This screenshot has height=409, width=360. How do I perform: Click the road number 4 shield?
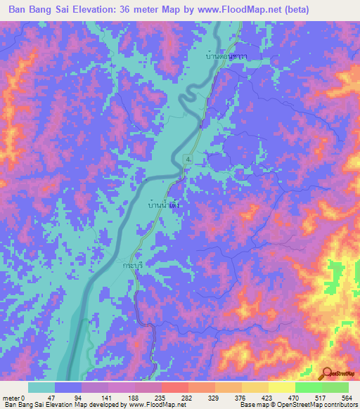[x=188, y=160]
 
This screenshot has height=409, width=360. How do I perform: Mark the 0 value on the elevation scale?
[x=23, y=398]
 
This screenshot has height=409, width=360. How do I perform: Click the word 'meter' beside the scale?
[x=11, y=398]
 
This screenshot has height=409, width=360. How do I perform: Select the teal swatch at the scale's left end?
[x=41, y=387]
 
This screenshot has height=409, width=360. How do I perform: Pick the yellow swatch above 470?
[x=281, y=387]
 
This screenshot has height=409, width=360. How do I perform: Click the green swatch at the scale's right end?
[x=335, y=387]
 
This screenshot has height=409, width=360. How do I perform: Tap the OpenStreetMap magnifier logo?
[x=326, y=373]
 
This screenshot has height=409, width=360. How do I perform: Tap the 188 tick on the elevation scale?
[x=132, y=398]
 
